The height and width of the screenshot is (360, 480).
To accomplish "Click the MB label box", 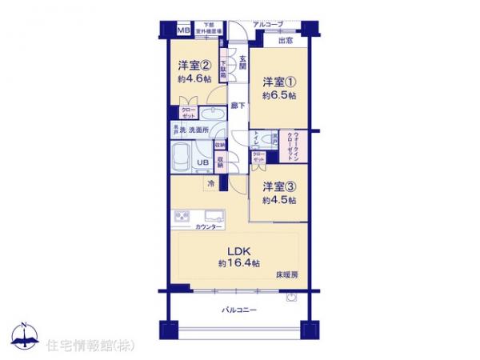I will click(183, 30).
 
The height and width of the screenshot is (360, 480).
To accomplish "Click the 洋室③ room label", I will click(280, 186).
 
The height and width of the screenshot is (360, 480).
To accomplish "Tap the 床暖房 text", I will click(287, 274).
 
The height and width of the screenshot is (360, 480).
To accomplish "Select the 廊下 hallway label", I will click(238, 105).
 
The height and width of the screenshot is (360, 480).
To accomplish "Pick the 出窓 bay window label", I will click(284, 40).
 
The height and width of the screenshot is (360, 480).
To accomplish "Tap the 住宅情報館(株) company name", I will click(84, 346).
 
